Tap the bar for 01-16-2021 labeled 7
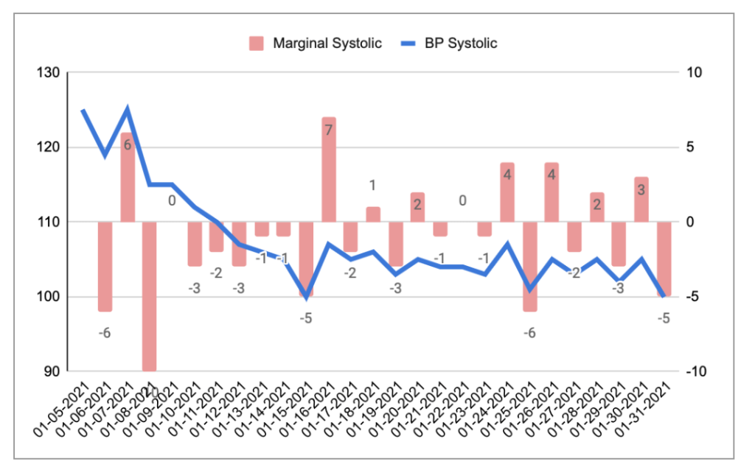coord(329,169)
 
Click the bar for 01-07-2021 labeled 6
coord(128,177)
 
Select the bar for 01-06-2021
coord(105,266)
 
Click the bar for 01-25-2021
coord(529,266)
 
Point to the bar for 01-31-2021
coord(664,259)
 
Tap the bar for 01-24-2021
coord(507,192)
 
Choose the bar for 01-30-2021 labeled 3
coord(641,200)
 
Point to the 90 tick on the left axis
coord(50,371)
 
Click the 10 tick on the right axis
coord(695,73)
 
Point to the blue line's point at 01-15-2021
coord(306,296)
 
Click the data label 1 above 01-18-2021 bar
coord(373,185)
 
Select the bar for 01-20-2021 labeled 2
coord(418,207)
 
